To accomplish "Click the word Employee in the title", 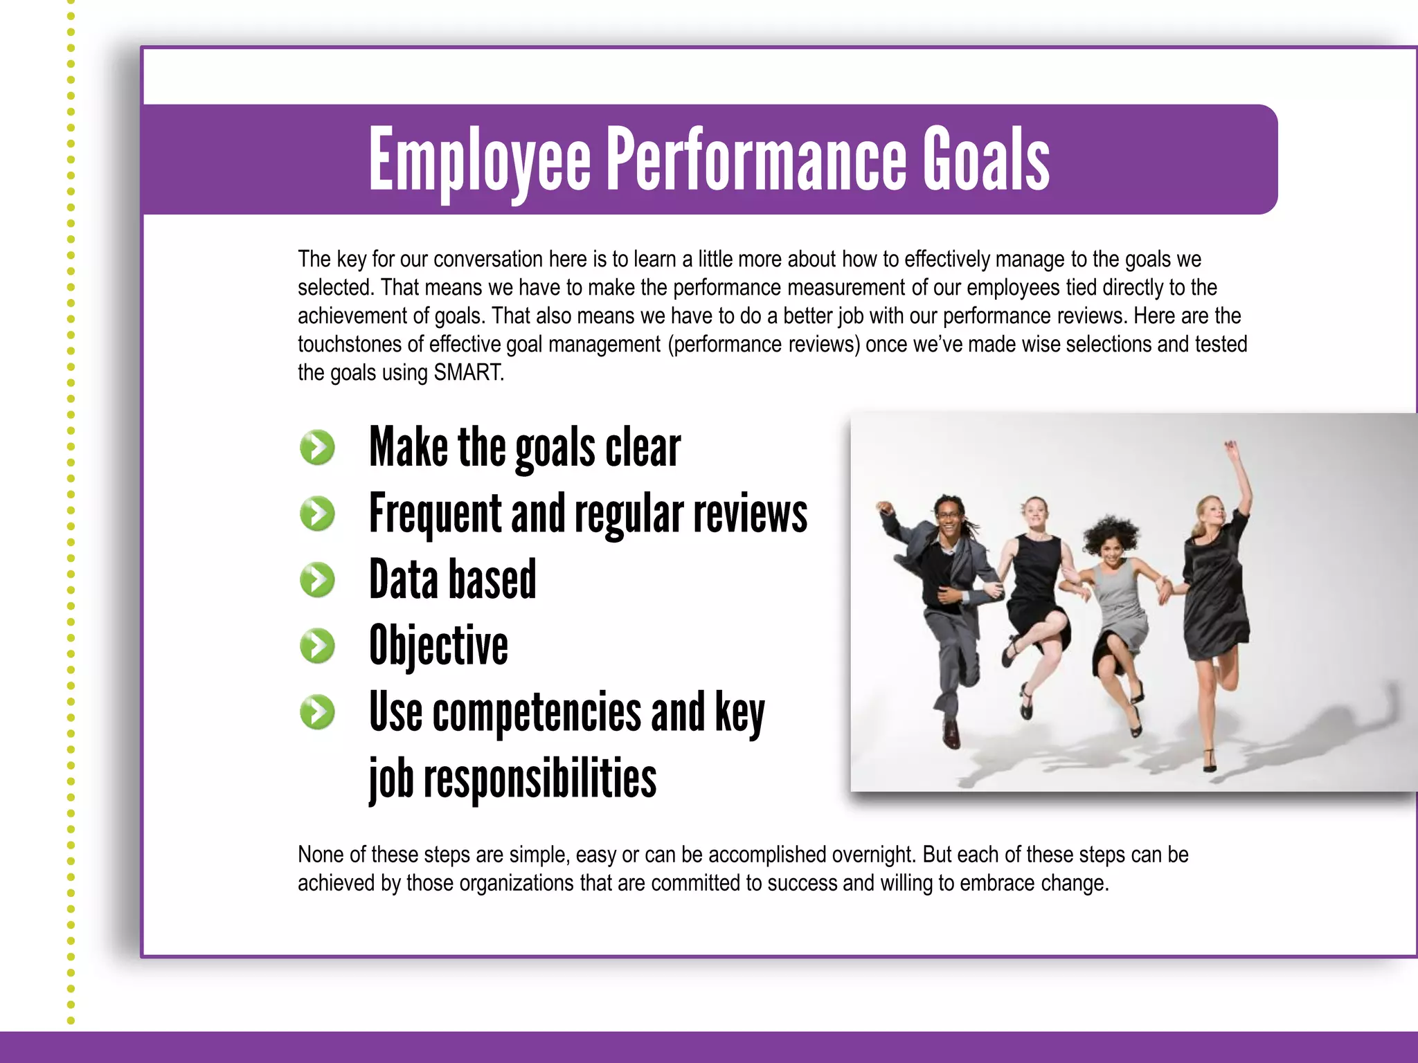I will click(479, 161).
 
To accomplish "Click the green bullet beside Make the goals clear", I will click(318, 447).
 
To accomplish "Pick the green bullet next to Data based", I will click(318, 580).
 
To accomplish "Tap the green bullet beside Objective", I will click(318, 646).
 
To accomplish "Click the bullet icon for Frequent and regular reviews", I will click(318, 514).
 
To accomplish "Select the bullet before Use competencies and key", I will click(318, 712).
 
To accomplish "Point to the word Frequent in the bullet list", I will click(434, 514).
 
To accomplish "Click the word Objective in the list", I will click(438, 646).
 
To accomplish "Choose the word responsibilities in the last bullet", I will click(539, 778).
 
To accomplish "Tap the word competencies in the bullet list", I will click(537, 712).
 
